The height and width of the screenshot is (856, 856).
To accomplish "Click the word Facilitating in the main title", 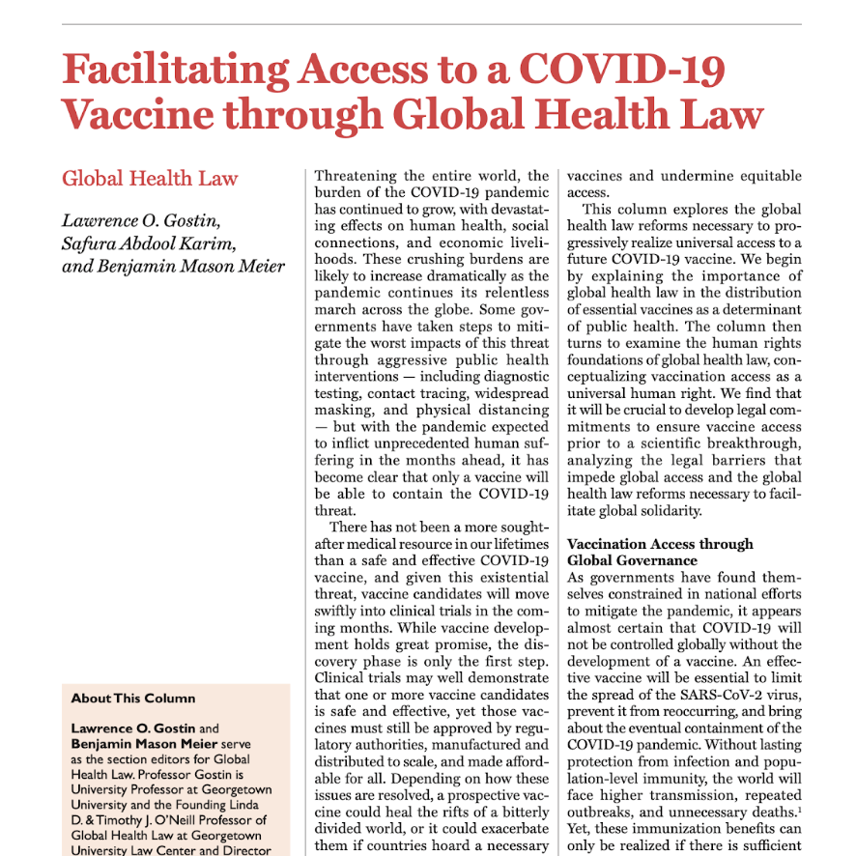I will coord(175,70).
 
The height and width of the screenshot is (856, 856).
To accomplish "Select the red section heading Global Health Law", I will coord(150,179).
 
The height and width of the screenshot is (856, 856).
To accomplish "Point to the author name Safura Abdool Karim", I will coord(149,243).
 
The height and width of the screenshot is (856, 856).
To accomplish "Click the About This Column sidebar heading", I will coord(133,699).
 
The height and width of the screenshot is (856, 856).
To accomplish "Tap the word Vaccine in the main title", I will coord(135,114).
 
